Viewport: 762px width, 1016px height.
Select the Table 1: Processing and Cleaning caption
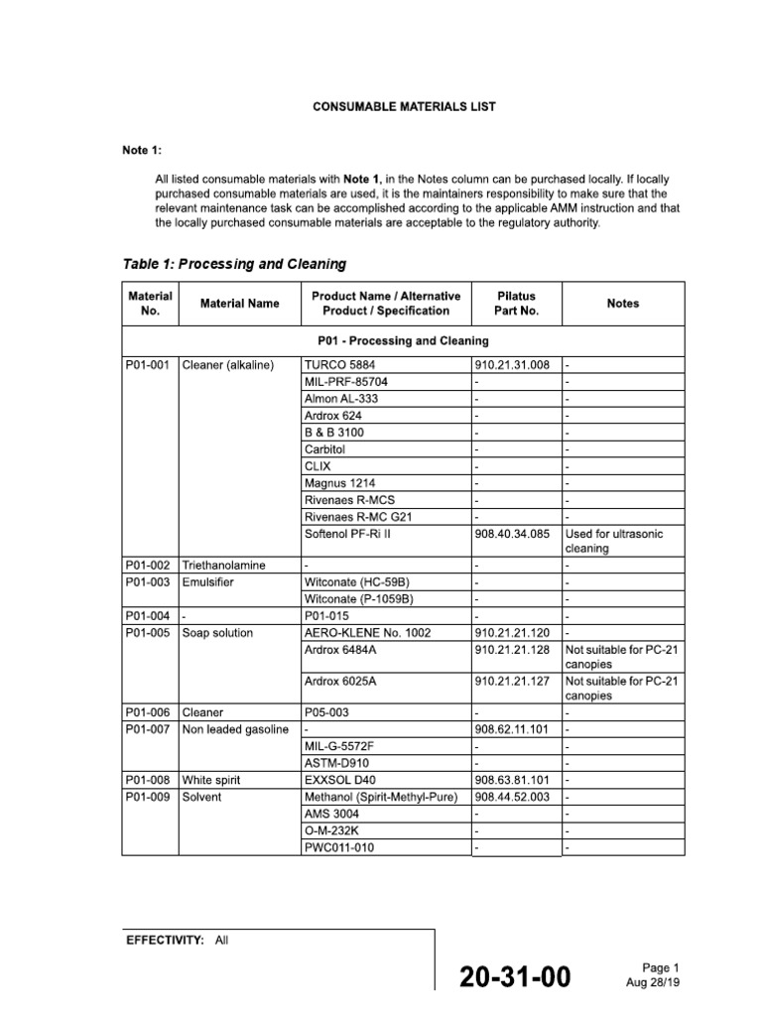pos(234,264)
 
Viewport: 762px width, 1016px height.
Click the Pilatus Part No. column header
pos(516,304)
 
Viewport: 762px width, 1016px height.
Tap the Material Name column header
pos(239,304)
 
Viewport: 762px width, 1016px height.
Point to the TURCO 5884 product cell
pos(339,364)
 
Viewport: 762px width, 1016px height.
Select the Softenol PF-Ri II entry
pos(350,534)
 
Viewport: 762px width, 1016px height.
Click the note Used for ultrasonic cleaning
pos(613,541)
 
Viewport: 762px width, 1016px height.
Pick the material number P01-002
pos(149,565)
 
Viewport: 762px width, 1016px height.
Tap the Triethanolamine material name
pos(224,565)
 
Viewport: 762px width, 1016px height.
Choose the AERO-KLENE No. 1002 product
pos(367,633)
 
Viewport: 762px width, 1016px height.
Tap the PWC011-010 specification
pos(340,848)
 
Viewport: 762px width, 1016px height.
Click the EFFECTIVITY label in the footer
pos(164,941)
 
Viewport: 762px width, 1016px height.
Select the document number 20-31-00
pos(515,977)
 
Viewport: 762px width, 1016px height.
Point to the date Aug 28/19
pos(652,982)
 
